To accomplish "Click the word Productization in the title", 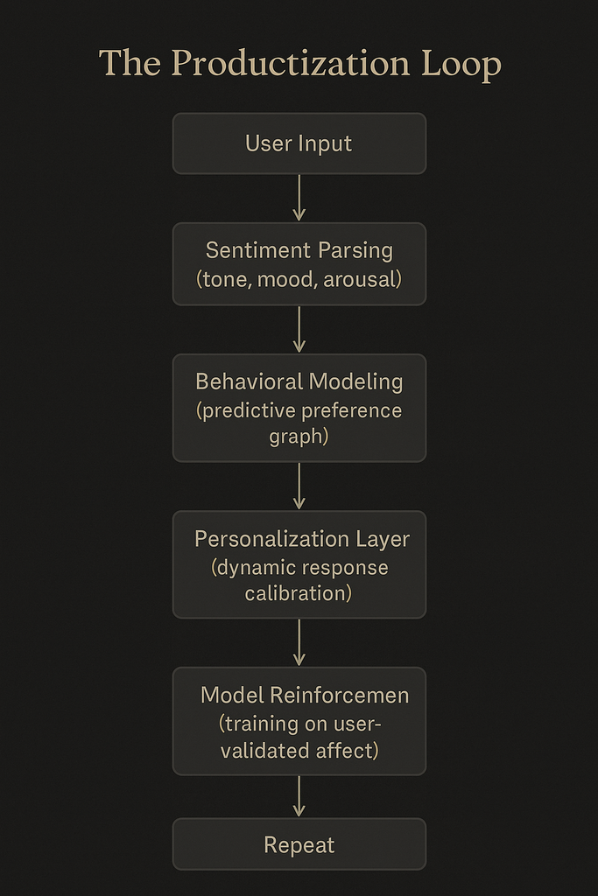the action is pos(291,64).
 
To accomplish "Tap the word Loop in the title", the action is pos(461,64).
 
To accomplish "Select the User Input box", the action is pos(299,143).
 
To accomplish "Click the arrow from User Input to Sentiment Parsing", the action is pos(299,198).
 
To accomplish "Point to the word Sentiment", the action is pos(258,250).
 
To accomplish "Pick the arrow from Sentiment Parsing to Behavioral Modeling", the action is pos(299,329).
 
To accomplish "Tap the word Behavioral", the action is pos(248,381).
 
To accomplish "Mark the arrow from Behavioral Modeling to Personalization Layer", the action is pos(299,486).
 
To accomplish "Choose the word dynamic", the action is pos(253,567).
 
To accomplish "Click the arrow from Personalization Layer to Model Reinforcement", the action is pos(299,642).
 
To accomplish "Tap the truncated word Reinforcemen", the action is pos(340,696).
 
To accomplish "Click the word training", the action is pos(259,724).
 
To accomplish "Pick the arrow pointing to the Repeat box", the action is pos(299,796).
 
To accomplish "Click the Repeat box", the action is pos(299,844).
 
